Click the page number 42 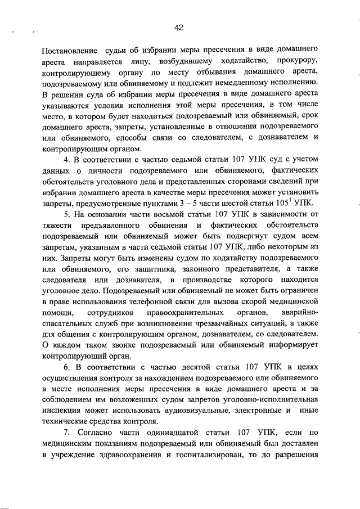[179, 26]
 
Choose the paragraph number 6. [65, 368]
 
